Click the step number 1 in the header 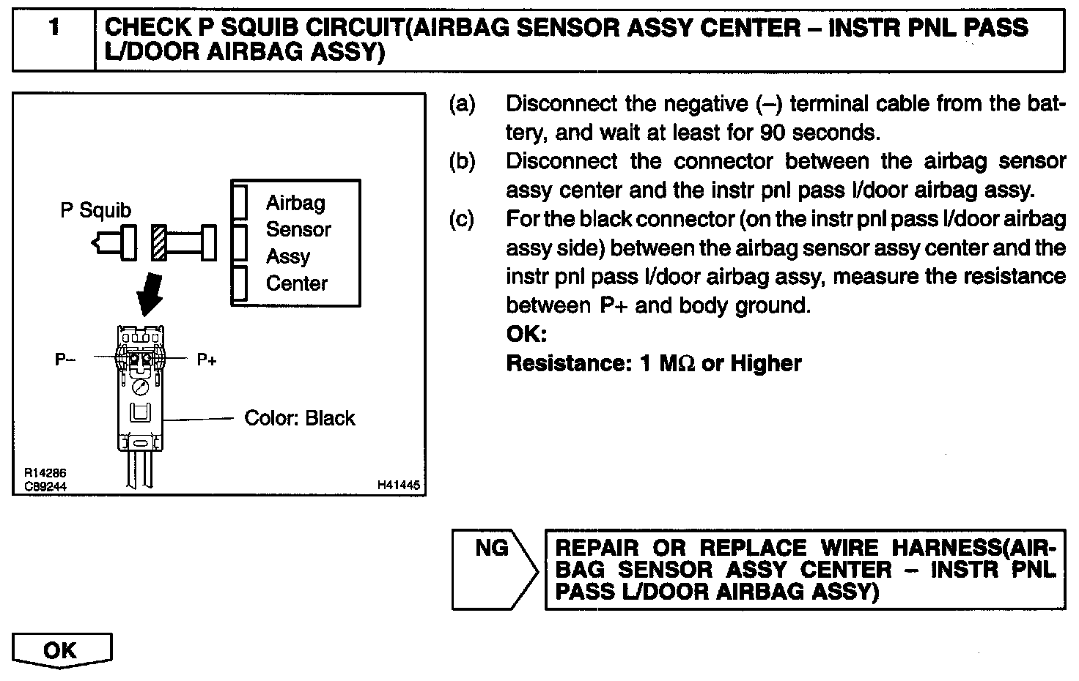pyautogui.click(x=54, y=29)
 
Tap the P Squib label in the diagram pyautogui.click(x=95, y=210)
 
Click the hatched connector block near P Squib pyautogui.click(x=158, y=242)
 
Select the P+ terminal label pyautogui.click(x=207, y=360)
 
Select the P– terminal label pyautogui.click(x=65, y=360)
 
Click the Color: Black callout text pyautogui.click(x=299, y=418)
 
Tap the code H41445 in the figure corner pyautogui.click(x=398, y=485)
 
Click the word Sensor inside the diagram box pyautogui.click(x=298, y=230)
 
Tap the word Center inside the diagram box pyautogui.click(x=296, y=283)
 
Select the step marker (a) pyautogui.click(x=462, y=104)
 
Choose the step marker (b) pyautogui.click(x=462, y=161)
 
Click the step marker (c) pyautogui.click(x=462, y=219)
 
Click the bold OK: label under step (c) pyautogui.click(x=526, y=335)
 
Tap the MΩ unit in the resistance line pyautogui.click(x=677, y=363)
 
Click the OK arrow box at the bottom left pyautogui.click(x=62, y=650)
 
